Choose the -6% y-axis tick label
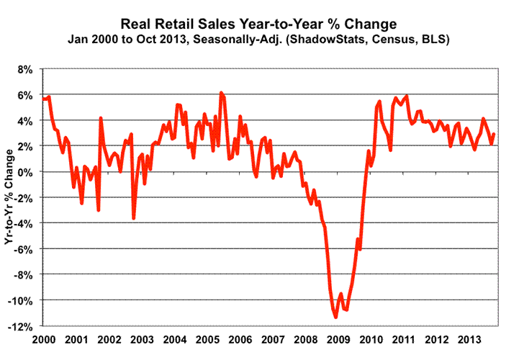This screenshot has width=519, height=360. point(24,249)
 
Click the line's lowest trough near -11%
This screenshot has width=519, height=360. point(335,317)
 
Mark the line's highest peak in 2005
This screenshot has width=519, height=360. point(221,92)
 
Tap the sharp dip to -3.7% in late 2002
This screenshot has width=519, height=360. point(133,218)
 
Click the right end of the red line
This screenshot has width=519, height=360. point(495,134)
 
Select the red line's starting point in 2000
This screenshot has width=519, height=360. point(44,99)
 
